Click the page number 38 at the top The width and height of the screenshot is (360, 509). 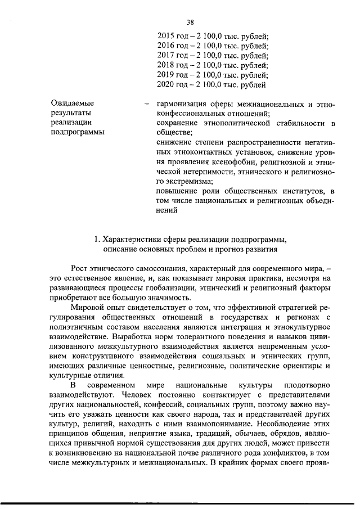tap(190, 22)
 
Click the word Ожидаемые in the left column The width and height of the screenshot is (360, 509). tap(73, 103)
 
